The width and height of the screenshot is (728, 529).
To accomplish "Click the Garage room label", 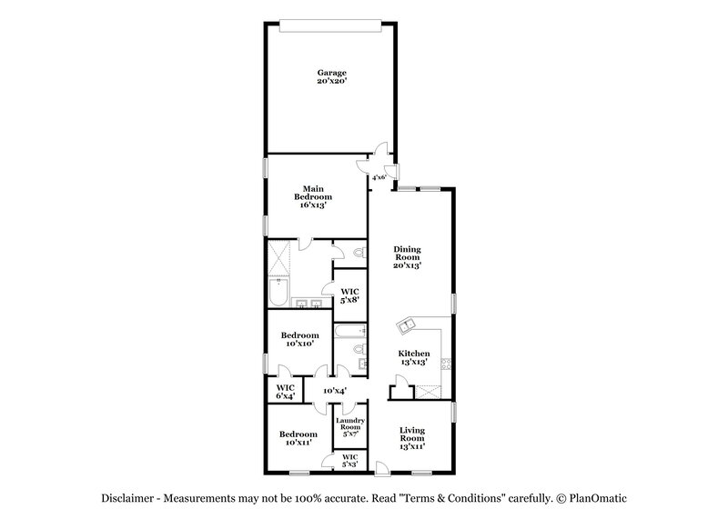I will click(x=331, y=76).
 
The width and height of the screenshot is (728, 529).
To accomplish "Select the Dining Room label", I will click(x=406, y=258).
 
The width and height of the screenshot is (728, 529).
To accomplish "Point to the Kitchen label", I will click(x=414, y=357).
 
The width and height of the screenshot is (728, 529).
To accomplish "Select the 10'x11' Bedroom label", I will click(x=298, y=439).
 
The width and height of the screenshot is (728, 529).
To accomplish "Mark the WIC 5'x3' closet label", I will click(x=349, y=461).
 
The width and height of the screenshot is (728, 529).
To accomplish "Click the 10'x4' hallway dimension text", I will click(x=334, y=391).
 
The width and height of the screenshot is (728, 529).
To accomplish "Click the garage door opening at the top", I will click(x=331, y=23).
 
